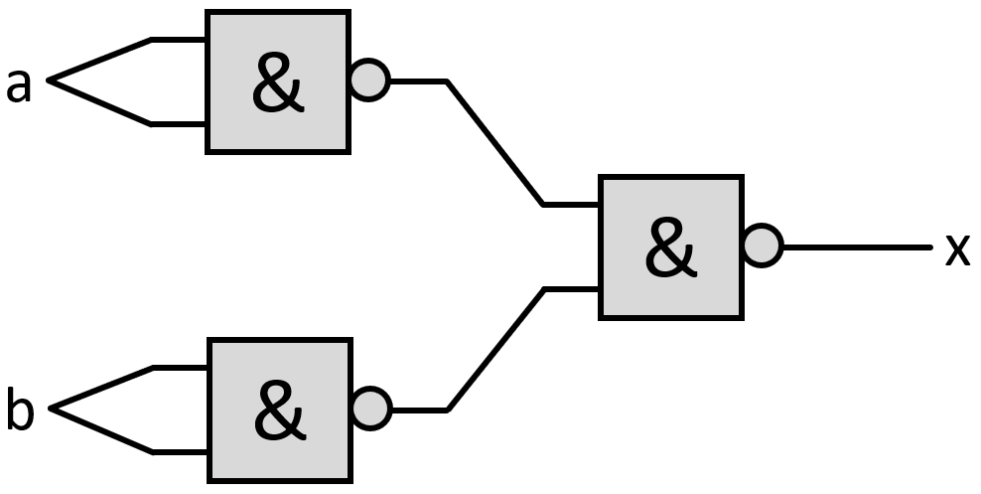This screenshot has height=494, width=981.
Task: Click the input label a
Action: pyautogui.click(x=19, y=85)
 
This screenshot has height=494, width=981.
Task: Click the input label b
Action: pyautogui.click(x=20, y=412)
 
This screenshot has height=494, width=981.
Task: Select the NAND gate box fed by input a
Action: pyautogui.click(x=277, y=82)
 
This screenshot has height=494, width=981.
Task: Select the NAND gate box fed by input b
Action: pyautogui.click(x=279, y=410)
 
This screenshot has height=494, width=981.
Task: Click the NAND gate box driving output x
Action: pyautogui.click(x=670, y=247)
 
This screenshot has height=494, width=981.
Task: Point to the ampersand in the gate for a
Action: pyautogui.click(x=277, y=83)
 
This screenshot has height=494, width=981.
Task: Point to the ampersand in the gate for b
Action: pyautogui.click(x=279, y=412)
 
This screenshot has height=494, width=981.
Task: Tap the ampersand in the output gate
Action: pyautogui.click(x=670, y=248)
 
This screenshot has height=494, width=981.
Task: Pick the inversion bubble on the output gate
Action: pyautogui.click(x=763, y=246)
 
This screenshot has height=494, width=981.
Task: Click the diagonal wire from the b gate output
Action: pyautogui.click(x=495, y=349)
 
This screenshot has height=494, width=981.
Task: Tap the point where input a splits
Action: pyautogui.click(x=50, y=82)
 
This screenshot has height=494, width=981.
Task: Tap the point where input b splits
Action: pyautogui.click(x=52, y=409)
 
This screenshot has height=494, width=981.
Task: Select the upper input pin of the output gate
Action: pyautogui.click(x=572, y=205)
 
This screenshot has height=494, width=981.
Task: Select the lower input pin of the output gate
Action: pyautogui.click(x=572, y=289)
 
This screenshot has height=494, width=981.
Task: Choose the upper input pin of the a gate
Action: pyautogui.click(x=179, y=40)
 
